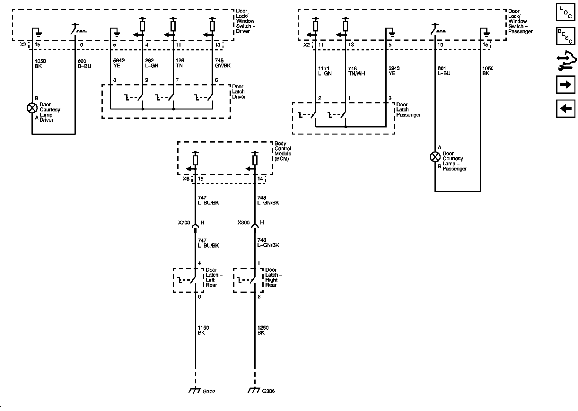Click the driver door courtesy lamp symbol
32,108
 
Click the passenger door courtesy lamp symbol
435,157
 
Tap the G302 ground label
209,392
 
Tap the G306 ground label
268,391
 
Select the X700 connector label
184,223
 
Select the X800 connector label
243,223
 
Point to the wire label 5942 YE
119,63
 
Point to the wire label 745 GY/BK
223,63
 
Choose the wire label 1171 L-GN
325,71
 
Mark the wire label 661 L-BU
444,71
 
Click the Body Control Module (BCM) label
283,151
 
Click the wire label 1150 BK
203,330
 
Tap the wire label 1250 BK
263,330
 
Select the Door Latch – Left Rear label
214,277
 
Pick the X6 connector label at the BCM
186,179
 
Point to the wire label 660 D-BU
84,64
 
